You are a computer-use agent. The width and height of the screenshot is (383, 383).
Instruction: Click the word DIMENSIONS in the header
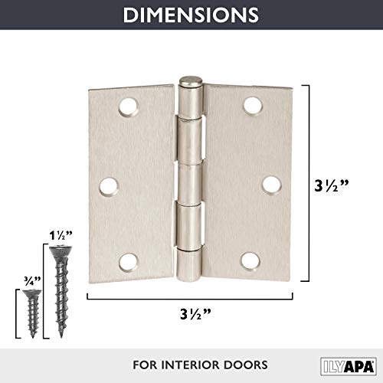coord(191,15)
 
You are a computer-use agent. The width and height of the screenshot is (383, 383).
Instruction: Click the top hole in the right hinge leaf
coord(250,102)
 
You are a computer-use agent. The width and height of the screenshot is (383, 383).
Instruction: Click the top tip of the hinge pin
coord(189,80)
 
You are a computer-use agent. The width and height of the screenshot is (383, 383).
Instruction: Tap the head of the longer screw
coord(57,250)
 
